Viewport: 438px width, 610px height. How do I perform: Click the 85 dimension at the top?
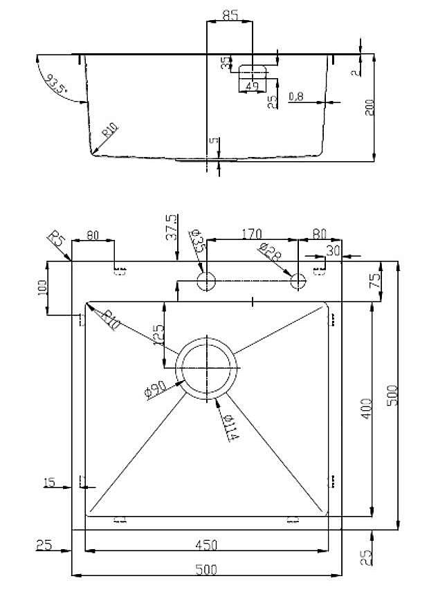click(x=231, y=15)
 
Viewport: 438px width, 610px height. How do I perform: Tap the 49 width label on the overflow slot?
click(x=253, y=86)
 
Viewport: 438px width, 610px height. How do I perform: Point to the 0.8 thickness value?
click(x=296, y=97)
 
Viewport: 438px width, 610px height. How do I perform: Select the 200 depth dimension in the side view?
click(x=369, y=107)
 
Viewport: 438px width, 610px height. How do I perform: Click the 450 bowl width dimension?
click(x=206, y=545)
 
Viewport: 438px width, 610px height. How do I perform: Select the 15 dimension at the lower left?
click(x=51, y=482)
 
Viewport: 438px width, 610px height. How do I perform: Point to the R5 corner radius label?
click(x=57, y=242)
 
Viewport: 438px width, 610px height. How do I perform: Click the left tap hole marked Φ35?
click(x=206, y=281)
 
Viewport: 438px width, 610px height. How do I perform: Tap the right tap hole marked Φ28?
click(x=298, y=281)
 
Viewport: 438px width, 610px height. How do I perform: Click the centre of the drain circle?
click(x=207, y=368)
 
